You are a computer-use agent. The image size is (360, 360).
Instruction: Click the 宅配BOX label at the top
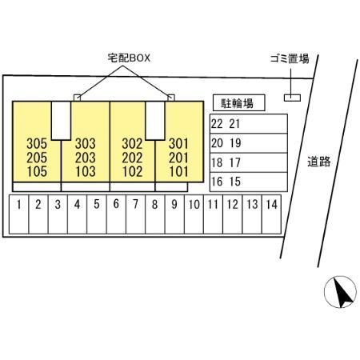129,58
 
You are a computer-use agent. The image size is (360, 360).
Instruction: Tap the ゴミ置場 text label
290,58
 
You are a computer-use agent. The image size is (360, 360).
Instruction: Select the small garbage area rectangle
292,98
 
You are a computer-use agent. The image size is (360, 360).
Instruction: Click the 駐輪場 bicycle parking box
239,102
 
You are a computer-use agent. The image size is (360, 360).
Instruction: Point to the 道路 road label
319,162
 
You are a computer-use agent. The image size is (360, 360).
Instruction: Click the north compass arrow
343,294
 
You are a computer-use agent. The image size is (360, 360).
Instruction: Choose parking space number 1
18,214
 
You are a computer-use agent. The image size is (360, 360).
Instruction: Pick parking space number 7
135,214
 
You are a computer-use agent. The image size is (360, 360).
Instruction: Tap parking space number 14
271,214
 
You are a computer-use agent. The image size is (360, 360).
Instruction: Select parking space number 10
194,214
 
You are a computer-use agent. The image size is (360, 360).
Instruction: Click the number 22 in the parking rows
217,124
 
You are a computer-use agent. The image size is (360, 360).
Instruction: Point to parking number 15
235,182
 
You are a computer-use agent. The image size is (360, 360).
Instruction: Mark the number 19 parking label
235,143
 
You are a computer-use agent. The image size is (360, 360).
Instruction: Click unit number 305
37,143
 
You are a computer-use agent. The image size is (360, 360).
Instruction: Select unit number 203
86,158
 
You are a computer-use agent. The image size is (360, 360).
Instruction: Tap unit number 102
132,171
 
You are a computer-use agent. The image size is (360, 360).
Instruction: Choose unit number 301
178,143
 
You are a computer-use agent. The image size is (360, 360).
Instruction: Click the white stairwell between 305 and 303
61,121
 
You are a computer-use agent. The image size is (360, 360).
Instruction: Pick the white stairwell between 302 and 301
155,121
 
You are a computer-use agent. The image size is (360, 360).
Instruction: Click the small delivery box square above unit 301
171,98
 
